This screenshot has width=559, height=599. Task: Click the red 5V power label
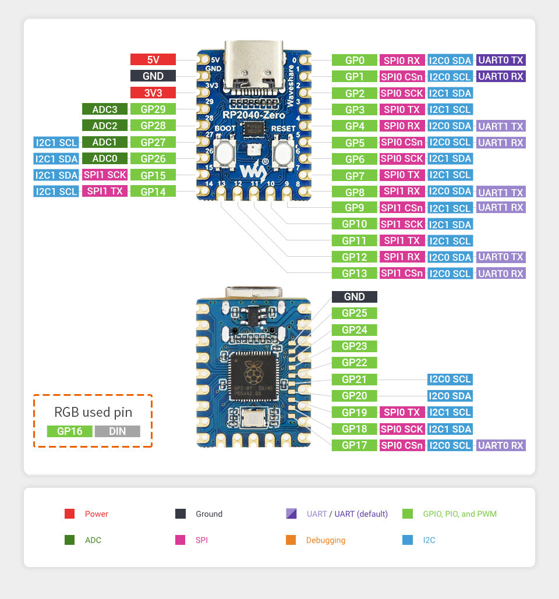coord(153,59)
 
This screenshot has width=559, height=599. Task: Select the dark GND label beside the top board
coord(153,76)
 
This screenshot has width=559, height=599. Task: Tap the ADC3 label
coord(104,109)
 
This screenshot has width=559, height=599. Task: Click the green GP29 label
coord(153,109)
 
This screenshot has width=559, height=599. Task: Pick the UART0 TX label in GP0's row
coord(501,60)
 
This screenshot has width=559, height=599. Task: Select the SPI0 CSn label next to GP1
coord(402,76)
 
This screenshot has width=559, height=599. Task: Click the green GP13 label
coord(354,273)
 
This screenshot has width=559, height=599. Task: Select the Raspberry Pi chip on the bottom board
coord(254,377)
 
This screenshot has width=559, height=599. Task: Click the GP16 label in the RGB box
coord(69,431)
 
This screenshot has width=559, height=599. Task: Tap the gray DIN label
coord(117,431)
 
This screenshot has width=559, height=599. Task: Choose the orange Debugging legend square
coord(291,540)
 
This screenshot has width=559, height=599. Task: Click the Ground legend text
coord(209,514)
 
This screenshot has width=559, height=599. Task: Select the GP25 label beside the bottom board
coord(354,313)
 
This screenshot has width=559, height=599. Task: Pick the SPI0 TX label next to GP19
coord(402,412)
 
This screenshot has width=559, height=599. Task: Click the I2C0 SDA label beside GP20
coord(450,396)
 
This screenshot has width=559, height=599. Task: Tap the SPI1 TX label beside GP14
coord(104,191)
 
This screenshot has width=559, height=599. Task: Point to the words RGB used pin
coord(93,412)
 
